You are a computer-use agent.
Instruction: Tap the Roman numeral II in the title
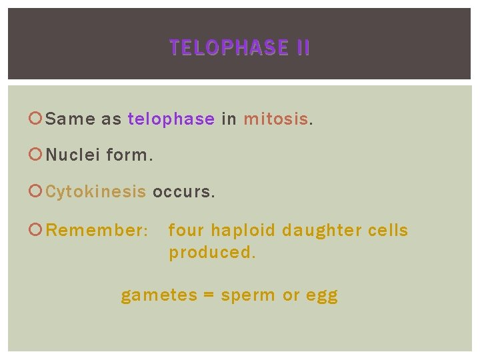point(300,48)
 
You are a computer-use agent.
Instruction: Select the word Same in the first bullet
point(71,119)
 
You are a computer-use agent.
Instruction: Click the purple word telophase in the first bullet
point(171,119)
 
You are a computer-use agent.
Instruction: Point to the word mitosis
point(276,119)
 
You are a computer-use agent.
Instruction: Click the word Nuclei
point(73,155)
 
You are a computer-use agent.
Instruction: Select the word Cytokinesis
point(96,192)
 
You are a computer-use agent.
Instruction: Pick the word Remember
point(95,231)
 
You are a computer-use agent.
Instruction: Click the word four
point(186,231)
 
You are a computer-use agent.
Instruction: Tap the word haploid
point(243,231)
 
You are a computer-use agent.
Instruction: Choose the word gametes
point(159,295)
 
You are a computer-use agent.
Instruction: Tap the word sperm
point(247,295)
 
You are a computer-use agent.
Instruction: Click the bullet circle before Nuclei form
point(37,156)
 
